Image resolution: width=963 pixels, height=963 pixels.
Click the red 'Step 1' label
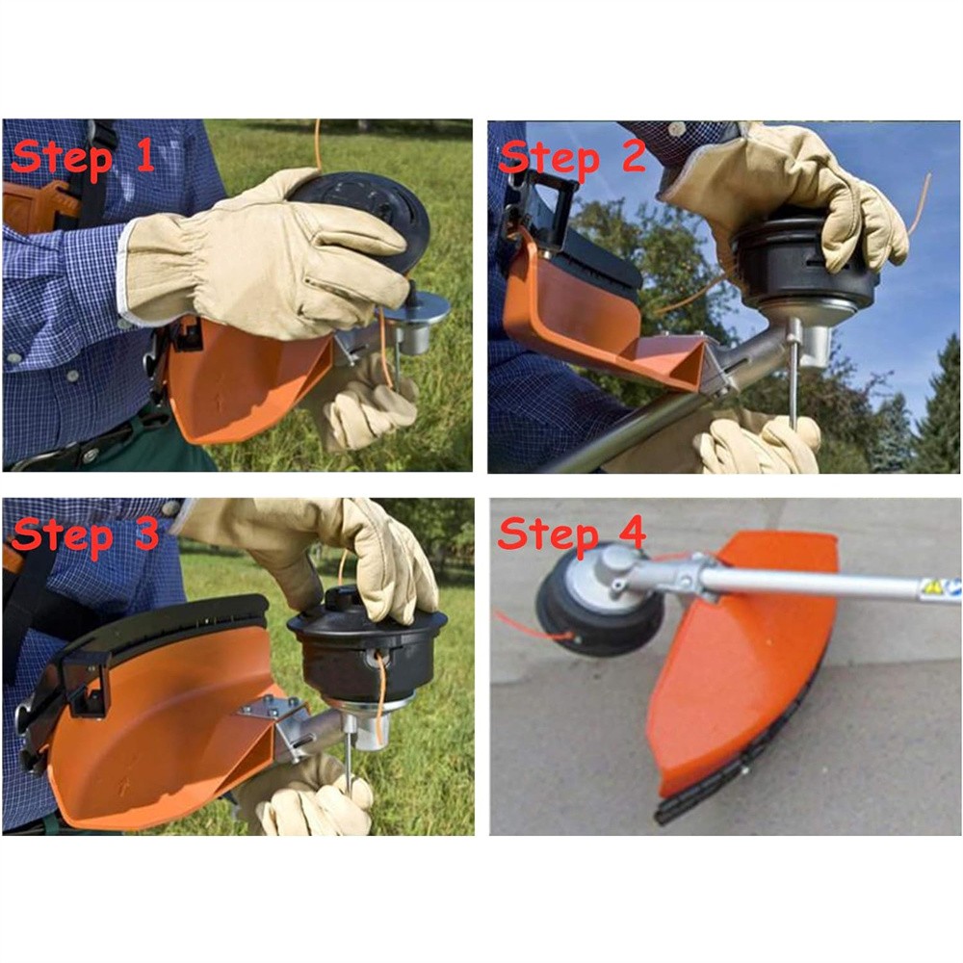[82, 157]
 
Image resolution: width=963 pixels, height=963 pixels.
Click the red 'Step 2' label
[572, 155]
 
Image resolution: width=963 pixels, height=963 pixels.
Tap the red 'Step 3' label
[85, 534]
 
